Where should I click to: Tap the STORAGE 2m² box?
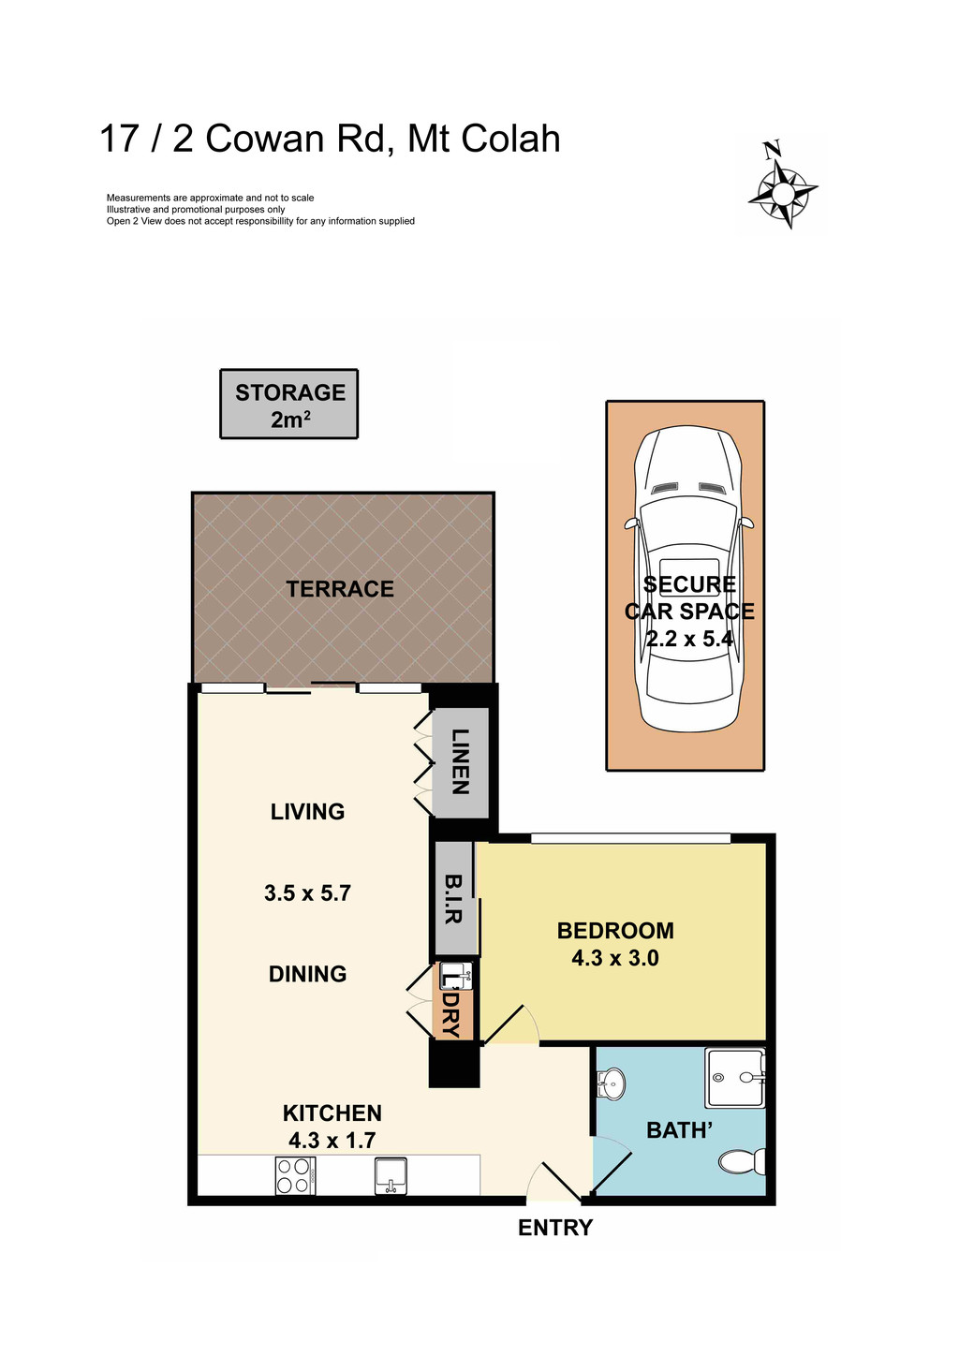tap(289, 405)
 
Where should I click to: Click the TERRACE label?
tap(340, 589)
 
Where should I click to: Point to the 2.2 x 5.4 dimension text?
tap(689, 640)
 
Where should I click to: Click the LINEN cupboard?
tap(460, 761)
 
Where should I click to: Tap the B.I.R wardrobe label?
tap(453, 899)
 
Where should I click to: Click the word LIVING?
tap(307, 812)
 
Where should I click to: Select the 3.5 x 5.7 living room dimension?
tap(307, 893)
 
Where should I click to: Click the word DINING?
tap(307, 974)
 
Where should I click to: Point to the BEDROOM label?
tap(615, 931)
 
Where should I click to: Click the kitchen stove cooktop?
tap(294, 1176)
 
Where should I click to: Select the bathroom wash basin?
tap(610, 1085)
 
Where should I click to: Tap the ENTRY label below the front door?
tap(555, 1228)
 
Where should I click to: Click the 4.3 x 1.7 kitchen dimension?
tap(332, 1141)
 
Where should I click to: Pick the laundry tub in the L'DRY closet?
tap(456, 976)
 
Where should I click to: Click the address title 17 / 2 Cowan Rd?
tap(330, 139)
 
